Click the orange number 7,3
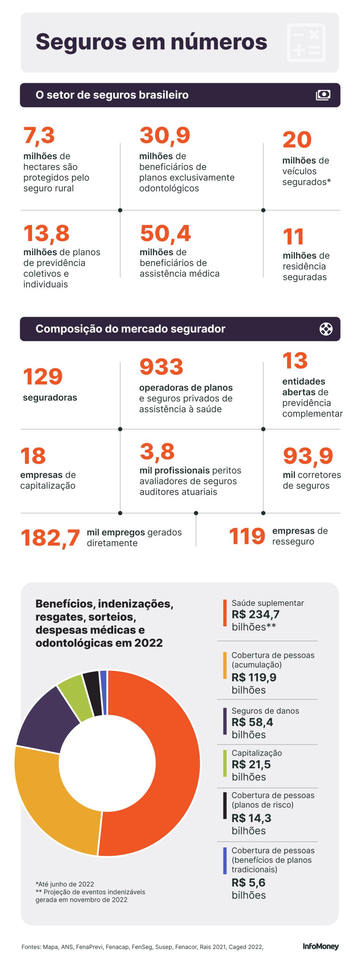[x=39, y=135]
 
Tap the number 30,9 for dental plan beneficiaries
[x=165, y=135]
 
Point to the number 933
[x=161, y=367]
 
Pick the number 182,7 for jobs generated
[x=50, y=538]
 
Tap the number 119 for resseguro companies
[x=247, y=536]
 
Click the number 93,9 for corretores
[x=308, y=456]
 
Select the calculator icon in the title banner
[x=306, y=43]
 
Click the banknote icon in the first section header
[x=323, y=95]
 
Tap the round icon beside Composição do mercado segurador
[x=326, y=329]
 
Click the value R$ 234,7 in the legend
[x=255, y=615]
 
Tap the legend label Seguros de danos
[x=265, y=711]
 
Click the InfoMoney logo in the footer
[x=320, y=946]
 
